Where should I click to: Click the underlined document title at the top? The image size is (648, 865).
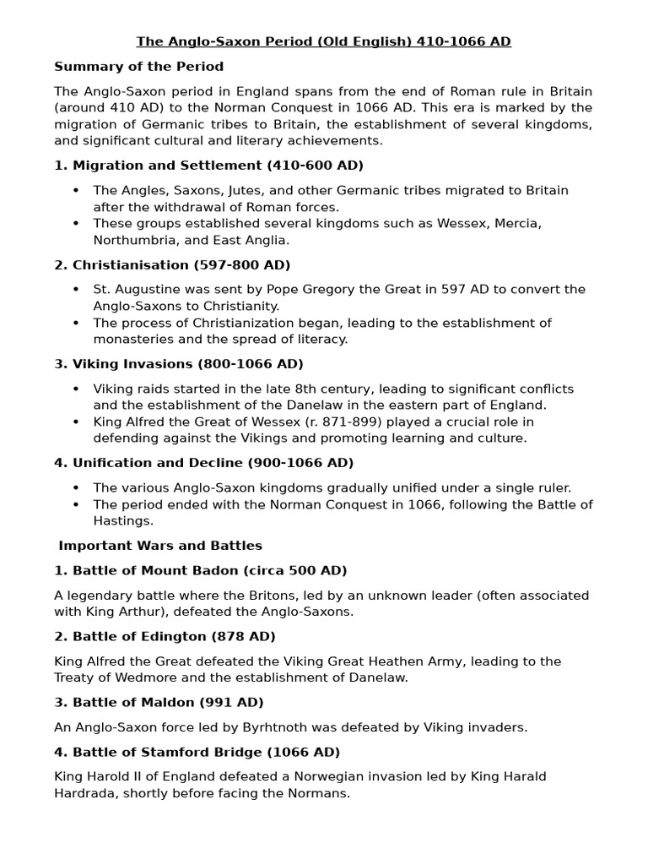[x=325, y=41]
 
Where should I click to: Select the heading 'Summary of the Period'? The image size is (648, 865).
[x=139, y=66]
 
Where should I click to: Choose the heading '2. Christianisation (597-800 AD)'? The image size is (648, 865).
[x=172, y=264]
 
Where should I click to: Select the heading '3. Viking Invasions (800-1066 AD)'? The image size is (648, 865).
[x=179, y=364]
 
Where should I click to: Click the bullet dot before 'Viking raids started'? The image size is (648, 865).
[x=77, y=389]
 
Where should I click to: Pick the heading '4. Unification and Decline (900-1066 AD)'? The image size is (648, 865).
[x=204, y=463]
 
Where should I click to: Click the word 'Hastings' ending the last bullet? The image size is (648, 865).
[x=123, y=521]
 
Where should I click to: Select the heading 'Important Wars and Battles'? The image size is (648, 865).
[x=160, y=546]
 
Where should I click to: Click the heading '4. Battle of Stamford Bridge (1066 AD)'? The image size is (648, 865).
[x=197, y=752]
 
